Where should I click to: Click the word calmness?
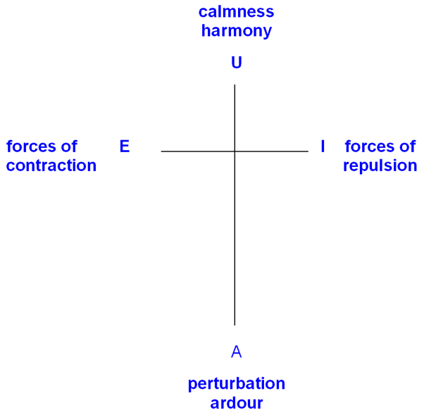coord(236,12)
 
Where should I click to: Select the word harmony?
coord(236,31)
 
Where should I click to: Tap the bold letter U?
coord(237,63)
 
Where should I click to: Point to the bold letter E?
coord(125,147)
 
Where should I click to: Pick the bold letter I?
coord(323,147)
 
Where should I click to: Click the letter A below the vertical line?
coord(237,351)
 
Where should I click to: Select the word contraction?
coord(51,166)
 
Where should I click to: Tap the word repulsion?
coord(380,166)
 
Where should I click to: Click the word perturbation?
coord(236,385)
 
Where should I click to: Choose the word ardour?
coord(236,404)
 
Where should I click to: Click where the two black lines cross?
coord(235,151)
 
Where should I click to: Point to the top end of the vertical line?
coord(235,85)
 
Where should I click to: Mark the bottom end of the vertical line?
coord(235,325)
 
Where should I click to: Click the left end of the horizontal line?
coord(161,151)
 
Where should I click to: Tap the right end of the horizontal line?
coord(308,151)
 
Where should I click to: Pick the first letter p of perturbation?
coord(192,386)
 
